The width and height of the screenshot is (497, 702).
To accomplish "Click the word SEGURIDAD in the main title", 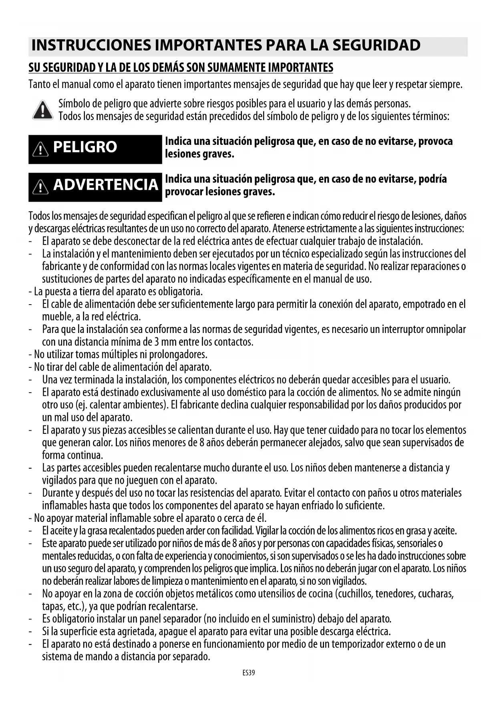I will [x=376, y=46].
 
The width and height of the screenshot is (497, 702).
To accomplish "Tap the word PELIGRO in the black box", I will [x=85, y=147].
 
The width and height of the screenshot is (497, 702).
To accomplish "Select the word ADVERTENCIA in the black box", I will [x=106, y=185].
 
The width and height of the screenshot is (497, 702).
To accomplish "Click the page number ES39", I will [x=248, y=673].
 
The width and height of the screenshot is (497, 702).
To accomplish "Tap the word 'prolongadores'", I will [x=183, y=355].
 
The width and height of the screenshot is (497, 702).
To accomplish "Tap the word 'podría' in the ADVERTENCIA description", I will [x=432, y=179].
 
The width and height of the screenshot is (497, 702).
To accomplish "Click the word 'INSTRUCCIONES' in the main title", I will [x=92, y=46].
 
